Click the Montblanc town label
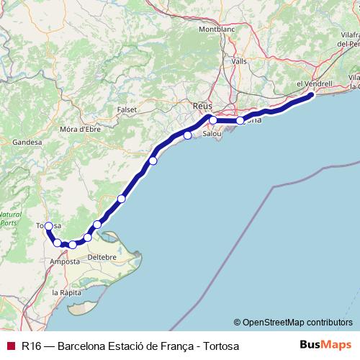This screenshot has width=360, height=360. [x=217, y=30]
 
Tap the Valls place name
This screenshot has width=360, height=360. [x=239, y=61]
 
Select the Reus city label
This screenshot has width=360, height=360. [x=203, y=106]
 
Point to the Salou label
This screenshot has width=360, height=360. [x=212, y=134]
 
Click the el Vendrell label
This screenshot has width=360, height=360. [x=315, y=84]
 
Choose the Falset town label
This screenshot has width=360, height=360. [x=126, y=109]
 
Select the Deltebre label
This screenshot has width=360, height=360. [x=101, y=256]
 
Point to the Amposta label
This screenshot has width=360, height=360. [x=64, y=261]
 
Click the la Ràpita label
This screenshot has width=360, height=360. [x=66, y=293]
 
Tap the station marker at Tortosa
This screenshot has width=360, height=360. [x=48, y=226]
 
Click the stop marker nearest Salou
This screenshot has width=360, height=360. [x=188, y=135]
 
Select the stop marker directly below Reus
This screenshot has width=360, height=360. [x=213, y=120]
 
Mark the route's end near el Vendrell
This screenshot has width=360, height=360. [x=311, y=95]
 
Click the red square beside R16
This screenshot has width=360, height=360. [x=10, y=346]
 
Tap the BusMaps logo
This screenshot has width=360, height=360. [x=326, y=345]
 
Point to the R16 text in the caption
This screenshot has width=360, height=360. [x=31, y=346]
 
